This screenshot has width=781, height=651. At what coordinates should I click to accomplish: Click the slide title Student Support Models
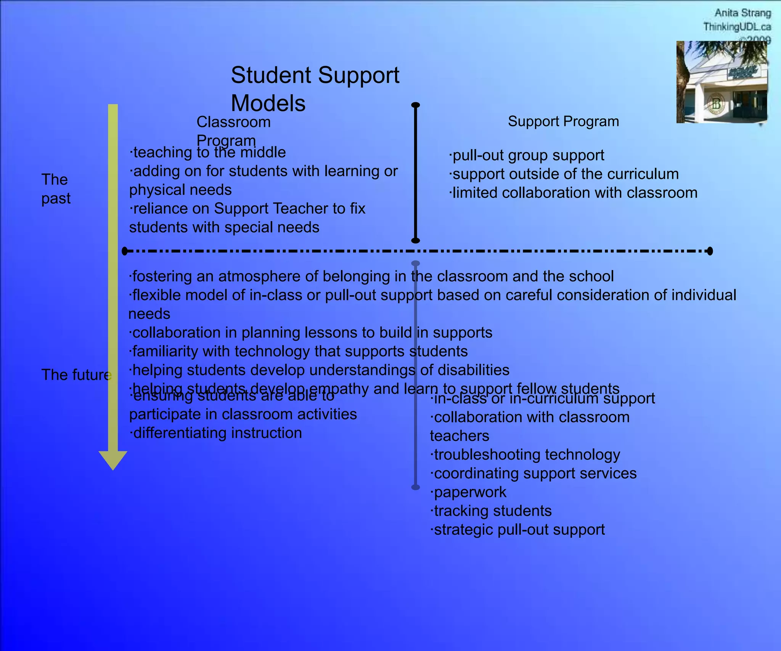(x=315, y=88)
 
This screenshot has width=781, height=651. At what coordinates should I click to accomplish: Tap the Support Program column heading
(x=563, y=122)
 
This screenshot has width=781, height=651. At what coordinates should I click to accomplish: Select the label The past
(x=56, y=189)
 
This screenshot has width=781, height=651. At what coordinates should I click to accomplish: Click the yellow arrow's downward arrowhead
(x=113, y=460)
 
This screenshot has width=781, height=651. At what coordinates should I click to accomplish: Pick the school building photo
(x=722, y=82)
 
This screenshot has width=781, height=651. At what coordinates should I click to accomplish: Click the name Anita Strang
(x=742, y=13)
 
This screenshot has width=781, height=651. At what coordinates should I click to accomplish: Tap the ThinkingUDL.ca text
(x=737, y=27)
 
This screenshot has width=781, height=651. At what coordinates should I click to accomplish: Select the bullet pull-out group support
(x=527, y=155)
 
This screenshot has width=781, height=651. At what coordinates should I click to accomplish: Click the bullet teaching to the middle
(x=208, y=153)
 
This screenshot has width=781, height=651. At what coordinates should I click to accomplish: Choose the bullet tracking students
(x=492, y=511)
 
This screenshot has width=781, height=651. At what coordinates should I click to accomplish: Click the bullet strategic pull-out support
(x=518, y=529)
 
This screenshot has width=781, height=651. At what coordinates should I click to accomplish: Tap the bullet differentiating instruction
(x=216, y=433)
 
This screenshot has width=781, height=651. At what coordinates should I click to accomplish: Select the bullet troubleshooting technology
(x=525, y=455)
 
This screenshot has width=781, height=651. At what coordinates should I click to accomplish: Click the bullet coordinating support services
(x=534, y=473)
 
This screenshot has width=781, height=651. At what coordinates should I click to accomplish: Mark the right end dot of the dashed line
(x=710, y=251)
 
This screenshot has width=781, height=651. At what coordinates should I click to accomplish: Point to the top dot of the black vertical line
(x=416, y=105)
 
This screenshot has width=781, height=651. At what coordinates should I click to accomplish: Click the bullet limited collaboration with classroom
(x=573, y=193)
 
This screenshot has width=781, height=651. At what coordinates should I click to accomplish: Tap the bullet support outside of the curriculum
(x=564, y=174)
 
